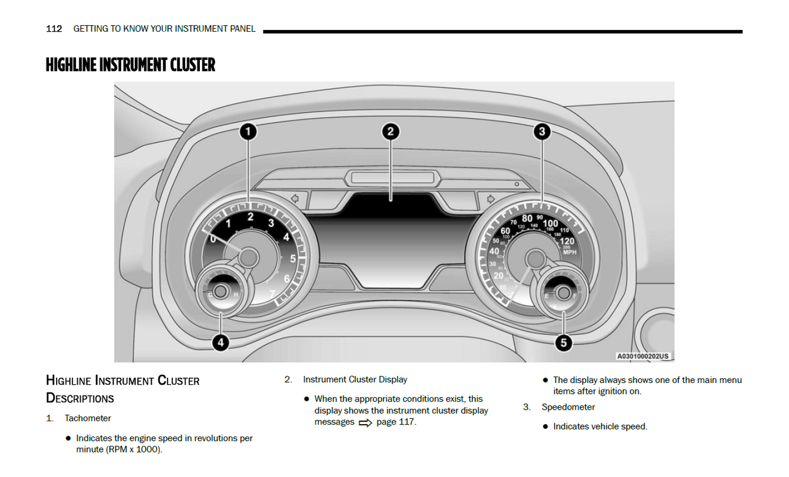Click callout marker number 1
(248, 132)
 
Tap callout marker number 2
(390, 132)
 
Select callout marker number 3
(542, 132)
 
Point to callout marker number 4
(221, 343)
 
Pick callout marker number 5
(563, 343)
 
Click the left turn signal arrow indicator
(295, 199)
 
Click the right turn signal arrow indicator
(490, 199)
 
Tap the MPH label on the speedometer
(569, 252)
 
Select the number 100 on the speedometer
(550, 223)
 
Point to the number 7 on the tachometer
(272, 294)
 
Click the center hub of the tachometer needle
(249, 257)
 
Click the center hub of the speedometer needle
(535, 258)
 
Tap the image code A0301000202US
(643, 356)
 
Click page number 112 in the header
(54, 29)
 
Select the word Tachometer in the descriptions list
(88, 419)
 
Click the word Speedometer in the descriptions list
(568, 407)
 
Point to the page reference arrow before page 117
(365, 423)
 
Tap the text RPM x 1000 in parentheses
(134, 450)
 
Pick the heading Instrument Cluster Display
(355, 380)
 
